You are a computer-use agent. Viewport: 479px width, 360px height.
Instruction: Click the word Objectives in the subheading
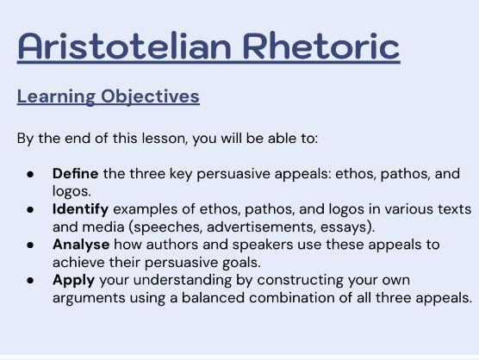tap(150, 96)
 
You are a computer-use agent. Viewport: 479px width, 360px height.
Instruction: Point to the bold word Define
tap(73, 173)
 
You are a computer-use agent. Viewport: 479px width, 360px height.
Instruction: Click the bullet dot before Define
tap(29, 174)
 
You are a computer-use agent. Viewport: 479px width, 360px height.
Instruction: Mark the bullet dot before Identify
tap(29, 210)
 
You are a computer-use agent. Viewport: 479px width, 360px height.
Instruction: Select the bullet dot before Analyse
tap(29, 245)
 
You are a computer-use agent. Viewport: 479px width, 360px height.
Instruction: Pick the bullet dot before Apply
tap(29, 282)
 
